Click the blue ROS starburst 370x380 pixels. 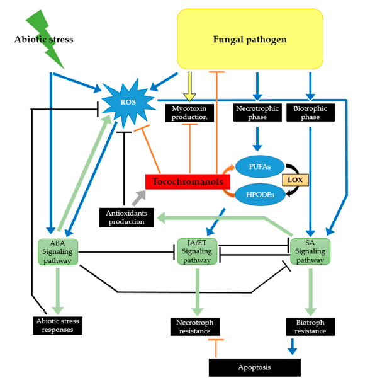point(128,103)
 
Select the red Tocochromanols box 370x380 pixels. point(188,181)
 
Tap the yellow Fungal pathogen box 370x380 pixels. point(250,39)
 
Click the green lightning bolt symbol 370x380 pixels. point(45,39)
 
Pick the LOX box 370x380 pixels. point(295,180)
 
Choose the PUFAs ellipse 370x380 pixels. point(260,167)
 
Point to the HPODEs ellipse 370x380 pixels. point(260,195)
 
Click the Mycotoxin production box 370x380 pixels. point(189,113)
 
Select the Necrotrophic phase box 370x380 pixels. point(257,113)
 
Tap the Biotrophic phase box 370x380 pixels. point(310,113)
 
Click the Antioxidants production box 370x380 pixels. point(126,217)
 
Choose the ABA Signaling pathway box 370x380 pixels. point(58,252)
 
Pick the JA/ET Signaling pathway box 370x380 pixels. point(197,251)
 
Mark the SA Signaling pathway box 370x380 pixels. point(310,251)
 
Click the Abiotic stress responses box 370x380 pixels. point(58,325)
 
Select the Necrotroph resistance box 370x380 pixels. point(195,326)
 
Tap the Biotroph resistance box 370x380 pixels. point(310,326)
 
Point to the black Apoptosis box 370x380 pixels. point(255,367)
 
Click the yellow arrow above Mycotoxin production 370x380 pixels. point(189,87)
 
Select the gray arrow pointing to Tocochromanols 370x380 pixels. point(139,198)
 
